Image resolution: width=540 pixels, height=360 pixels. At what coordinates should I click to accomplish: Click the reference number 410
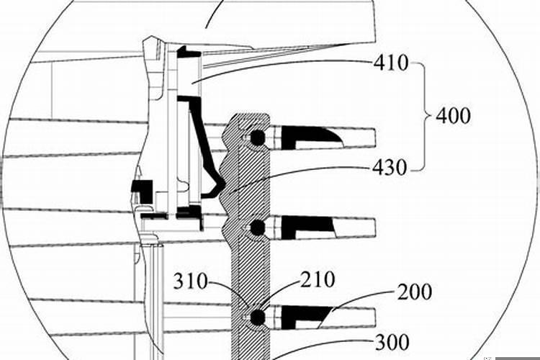(x=391, y=63)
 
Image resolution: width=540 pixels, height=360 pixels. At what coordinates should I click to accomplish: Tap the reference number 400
(x=453, y=116)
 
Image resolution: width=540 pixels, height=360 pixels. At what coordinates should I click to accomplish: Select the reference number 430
(x=390, y=168)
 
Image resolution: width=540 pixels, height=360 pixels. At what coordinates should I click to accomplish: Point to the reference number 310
(x=191, y=282)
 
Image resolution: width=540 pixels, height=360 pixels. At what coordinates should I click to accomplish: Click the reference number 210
(x=318, y=279)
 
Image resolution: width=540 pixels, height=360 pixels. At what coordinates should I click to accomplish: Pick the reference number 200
(x=415, y=292)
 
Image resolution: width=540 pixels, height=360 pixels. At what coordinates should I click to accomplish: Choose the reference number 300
(x=392, y=343)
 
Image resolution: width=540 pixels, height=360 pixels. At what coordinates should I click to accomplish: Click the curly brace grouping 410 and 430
(x=422, y=117)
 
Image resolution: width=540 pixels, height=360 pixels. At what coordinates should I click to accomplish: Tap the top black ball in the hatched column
(x=257, y=138)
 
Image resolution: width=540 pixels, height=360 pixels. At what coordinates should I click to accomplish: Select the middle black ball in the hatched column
(x=257, y=227)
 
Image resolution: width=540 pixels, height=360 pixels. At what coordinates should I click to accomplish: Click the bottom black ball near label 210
(x=257, y=317)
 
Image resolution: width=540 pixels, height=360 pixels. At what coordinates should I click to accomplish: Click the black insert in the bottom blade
(x=307, y=318)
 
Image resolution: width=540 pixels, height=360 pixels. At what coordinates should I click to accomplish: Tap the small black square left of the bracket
(x=143, y=192)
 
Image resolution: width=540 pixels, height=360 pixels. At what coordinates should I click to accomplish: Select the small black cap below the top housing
(x=189, y=52)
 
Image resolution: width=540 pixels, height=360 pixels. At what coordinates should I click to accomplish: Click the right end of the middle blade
(x=375, y=228)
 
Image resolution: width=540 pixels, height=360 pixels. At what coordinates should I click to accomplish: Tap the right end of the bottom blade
(x=375, y=317)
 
